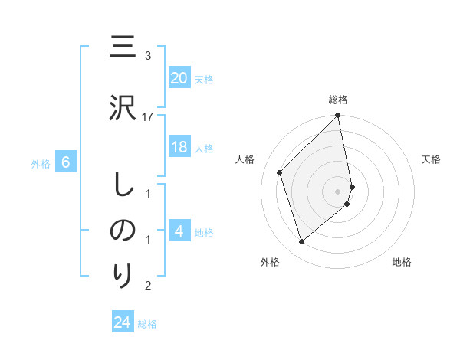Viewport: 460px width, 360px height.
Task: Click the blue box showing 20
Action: [179, 78]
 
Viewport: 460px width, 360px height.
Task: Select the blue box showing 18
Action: [179, 148]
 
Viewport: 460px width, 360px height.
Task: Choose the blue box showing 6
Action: [66, 162]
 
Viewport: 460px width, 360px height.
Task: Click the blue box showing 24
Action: [123, 322]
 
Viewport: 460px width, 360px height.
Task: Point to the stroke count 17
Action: [148, 116]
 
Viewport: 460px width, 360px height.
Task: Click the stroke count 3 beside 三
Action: [148, 56]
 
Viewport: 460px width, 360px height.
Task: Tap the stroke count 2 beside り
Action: [148, 286]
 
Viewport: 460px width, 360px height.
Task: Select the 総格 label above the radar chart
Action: [338, 100]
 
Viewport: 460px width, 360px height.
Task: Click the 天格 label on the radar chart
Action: [431, 159]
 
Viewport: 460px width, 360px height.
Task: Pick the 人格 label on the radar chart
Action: [245, 159]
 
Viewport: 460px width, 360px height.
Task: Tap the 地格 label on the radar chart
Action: [402, 262]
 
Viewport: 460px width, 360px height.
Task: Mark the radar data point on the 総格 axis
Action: [338, 116]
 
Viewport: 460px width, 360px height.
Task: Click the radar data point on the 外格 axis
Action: [301, 242]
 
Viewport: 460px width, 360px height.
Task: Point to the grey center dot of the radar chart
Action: [338, 191]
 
